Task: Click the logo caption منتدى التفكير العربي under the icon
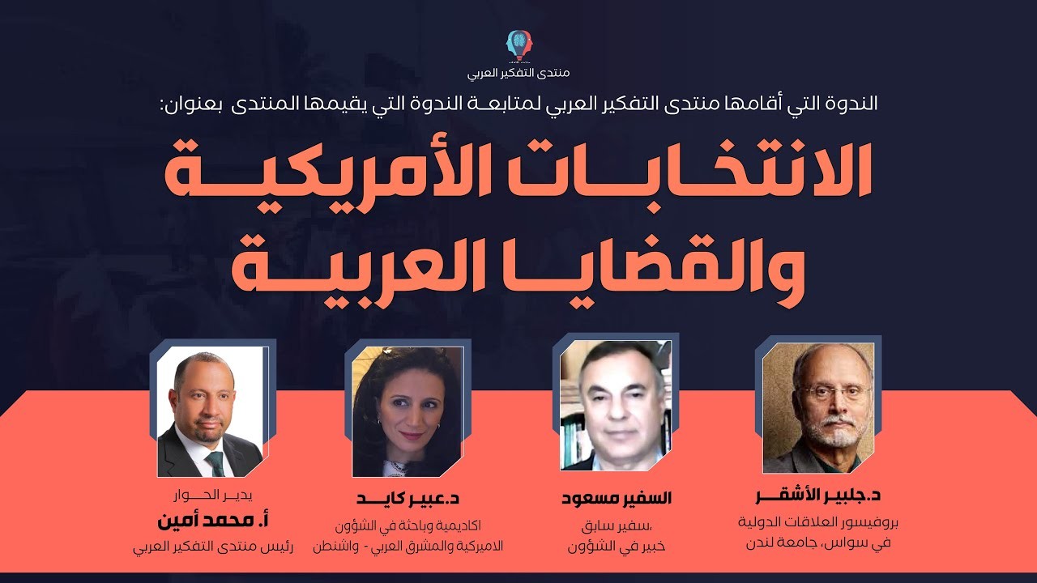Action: (518, 73)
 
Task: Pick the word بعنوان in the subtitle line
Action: (193, 103)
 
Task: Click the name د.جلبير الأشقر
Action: (818, 496)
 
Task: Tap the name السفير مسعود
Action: (617, 498)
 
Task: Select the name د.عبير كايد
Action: (408, 499)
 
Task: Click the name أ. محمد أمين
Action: (213, 521)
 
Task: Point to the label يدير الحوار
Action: (213, 495)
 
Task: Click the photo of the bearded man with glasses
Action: (818, 407)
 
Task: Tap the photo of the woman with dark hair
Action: (408, 411)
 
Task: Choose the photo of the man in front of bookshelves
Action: (616, 406)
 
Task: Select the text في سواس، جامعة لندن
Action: (818, 543)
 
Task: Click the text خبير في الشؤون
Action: (617, 547)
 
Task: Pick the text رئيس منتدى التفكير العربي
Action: (213, 547)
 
